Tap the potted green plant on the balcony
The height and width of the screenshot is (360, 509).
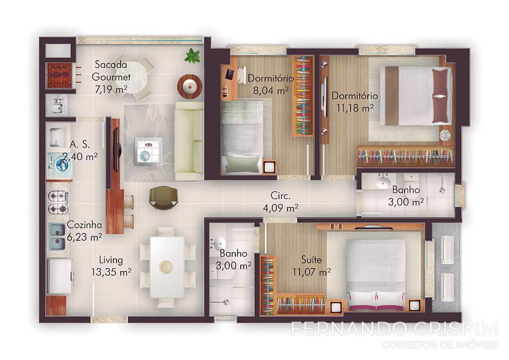pos(192,56)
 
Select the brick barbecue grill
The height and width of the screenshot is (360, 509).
pos(59,76)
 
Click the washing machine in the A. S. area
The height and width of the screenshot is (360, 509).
pos(60,165)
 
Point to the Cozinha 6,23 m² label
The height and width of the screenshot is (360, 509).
pos(85,231)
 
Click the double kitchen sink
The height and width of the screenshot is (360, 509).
pos(58,237)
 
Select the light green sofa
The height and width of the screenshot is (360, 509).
pos(189,141)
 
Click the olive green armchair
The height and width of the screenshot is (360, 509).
pos(164,197)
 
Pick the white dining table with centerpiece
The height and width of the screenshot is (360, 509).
pos(166,267)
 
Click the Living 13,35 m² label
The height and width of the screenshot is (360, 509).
pos(111,266)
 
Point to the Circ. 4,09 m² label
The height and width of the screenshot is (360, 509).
pos(280,202)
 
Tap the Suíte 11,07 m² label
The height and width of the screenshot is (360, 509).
pos(312,266)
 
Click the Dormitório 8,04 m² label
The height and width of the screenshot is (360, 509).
pos(271,84)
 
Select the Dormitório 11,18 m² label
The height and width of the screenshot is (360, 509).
pos(355,102)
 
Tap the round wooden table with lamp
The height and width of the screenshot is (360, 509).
pos(190,86)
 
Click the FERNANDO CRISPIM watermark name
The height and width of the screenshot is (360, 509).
pos(394,329)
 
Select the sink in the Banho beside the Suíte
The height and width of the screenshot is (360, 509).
pos(220,242)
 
